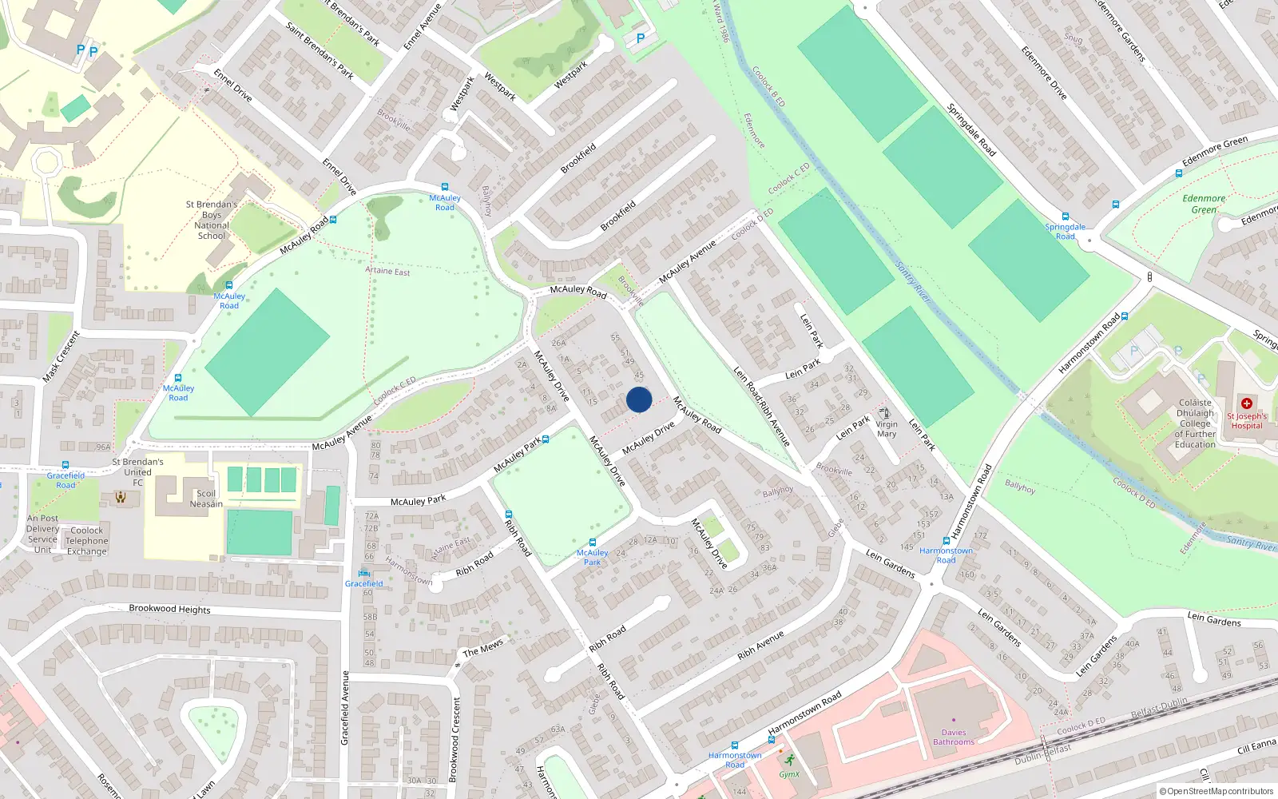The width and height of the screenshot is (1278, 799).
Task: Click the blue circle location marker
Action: tap(639, 399)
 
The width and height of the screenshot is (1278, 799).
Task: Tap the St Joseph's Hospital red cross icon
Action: tap(1247, 403)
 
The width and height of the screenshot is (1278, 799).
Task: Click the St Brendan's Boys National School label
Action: tap(212, 220)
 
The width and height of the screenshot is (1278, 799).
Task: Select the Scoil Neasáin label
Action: tap(206, 499)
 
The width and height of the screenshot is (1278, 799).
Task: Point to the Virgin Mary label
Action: tap(887, 429)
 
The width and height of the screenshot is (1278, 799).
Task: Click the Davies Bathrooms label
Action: tap(954, 737)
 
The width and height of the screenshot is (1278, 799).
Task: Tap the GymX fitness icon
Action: tap(790, 760)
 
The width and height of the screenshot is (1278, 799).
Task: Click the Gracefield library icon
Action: tap(364, 573)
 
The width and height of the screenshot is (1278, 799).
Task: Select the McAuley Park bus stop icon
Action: tap(592, 542)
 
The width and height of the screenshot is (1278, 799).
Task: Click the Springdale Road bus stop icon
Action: tap(1065, 217)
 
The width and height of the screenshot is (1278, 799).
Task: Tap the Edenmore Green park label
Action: tap(1204, 204)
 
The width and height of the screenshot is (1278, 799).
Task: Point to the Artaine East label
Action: tap(387, 271)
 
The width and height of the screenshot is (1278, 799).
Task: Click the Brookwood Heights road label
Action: tap(169, 609)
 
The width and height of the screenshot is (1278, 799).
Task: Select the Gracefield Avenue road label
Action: tap(345, 708)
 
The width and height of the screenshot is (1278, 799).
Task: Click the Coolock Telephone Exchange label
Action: tap(87, 541)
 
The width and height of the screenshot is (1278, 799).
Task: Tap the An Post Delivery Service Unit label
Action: tap(43, 534)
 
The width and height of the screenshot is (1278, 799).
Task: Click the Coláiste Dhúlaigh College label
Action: tap(1195, 423)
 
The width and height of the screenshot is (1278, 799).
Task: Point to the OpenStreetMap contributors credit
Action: tap(1216, 791)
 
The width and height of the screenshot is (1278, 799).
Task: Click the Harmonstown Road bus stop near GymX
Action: tap(735, 745)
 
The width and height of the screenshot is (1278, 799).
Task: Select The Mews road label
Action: tap(482, 648)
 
